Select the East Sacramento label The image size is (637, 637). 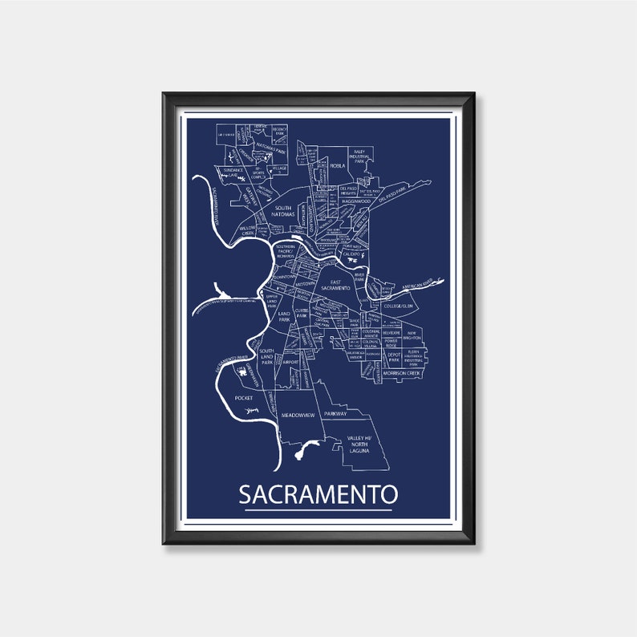tap(336, 284)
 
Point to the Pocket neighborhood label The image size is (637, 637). tap(244, 398)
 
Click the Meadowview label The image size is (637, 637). tap(298, 415)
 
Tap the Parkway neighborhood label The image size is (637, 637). tap(335, 413)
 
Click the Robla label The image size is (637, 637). tap(337, 165)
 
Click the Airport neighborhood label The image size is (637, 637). tap(290, 363)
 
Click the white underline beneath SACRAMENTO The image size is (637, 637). tap(318, 509)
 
